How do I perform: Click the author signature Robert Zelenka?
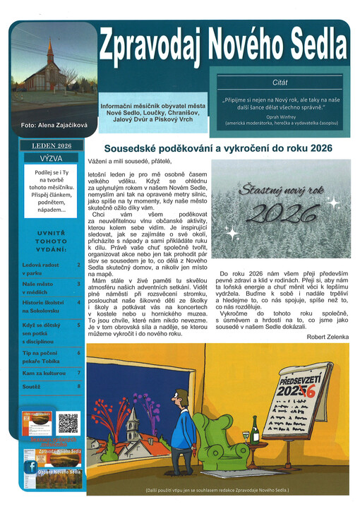[x=328, y=337]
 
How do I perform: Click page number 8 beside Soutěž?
[x=78, y=386]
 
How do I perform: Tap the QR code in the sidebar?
[x=68, y=423]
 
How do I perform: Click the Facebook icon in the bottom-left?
[x=31, y=467]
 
